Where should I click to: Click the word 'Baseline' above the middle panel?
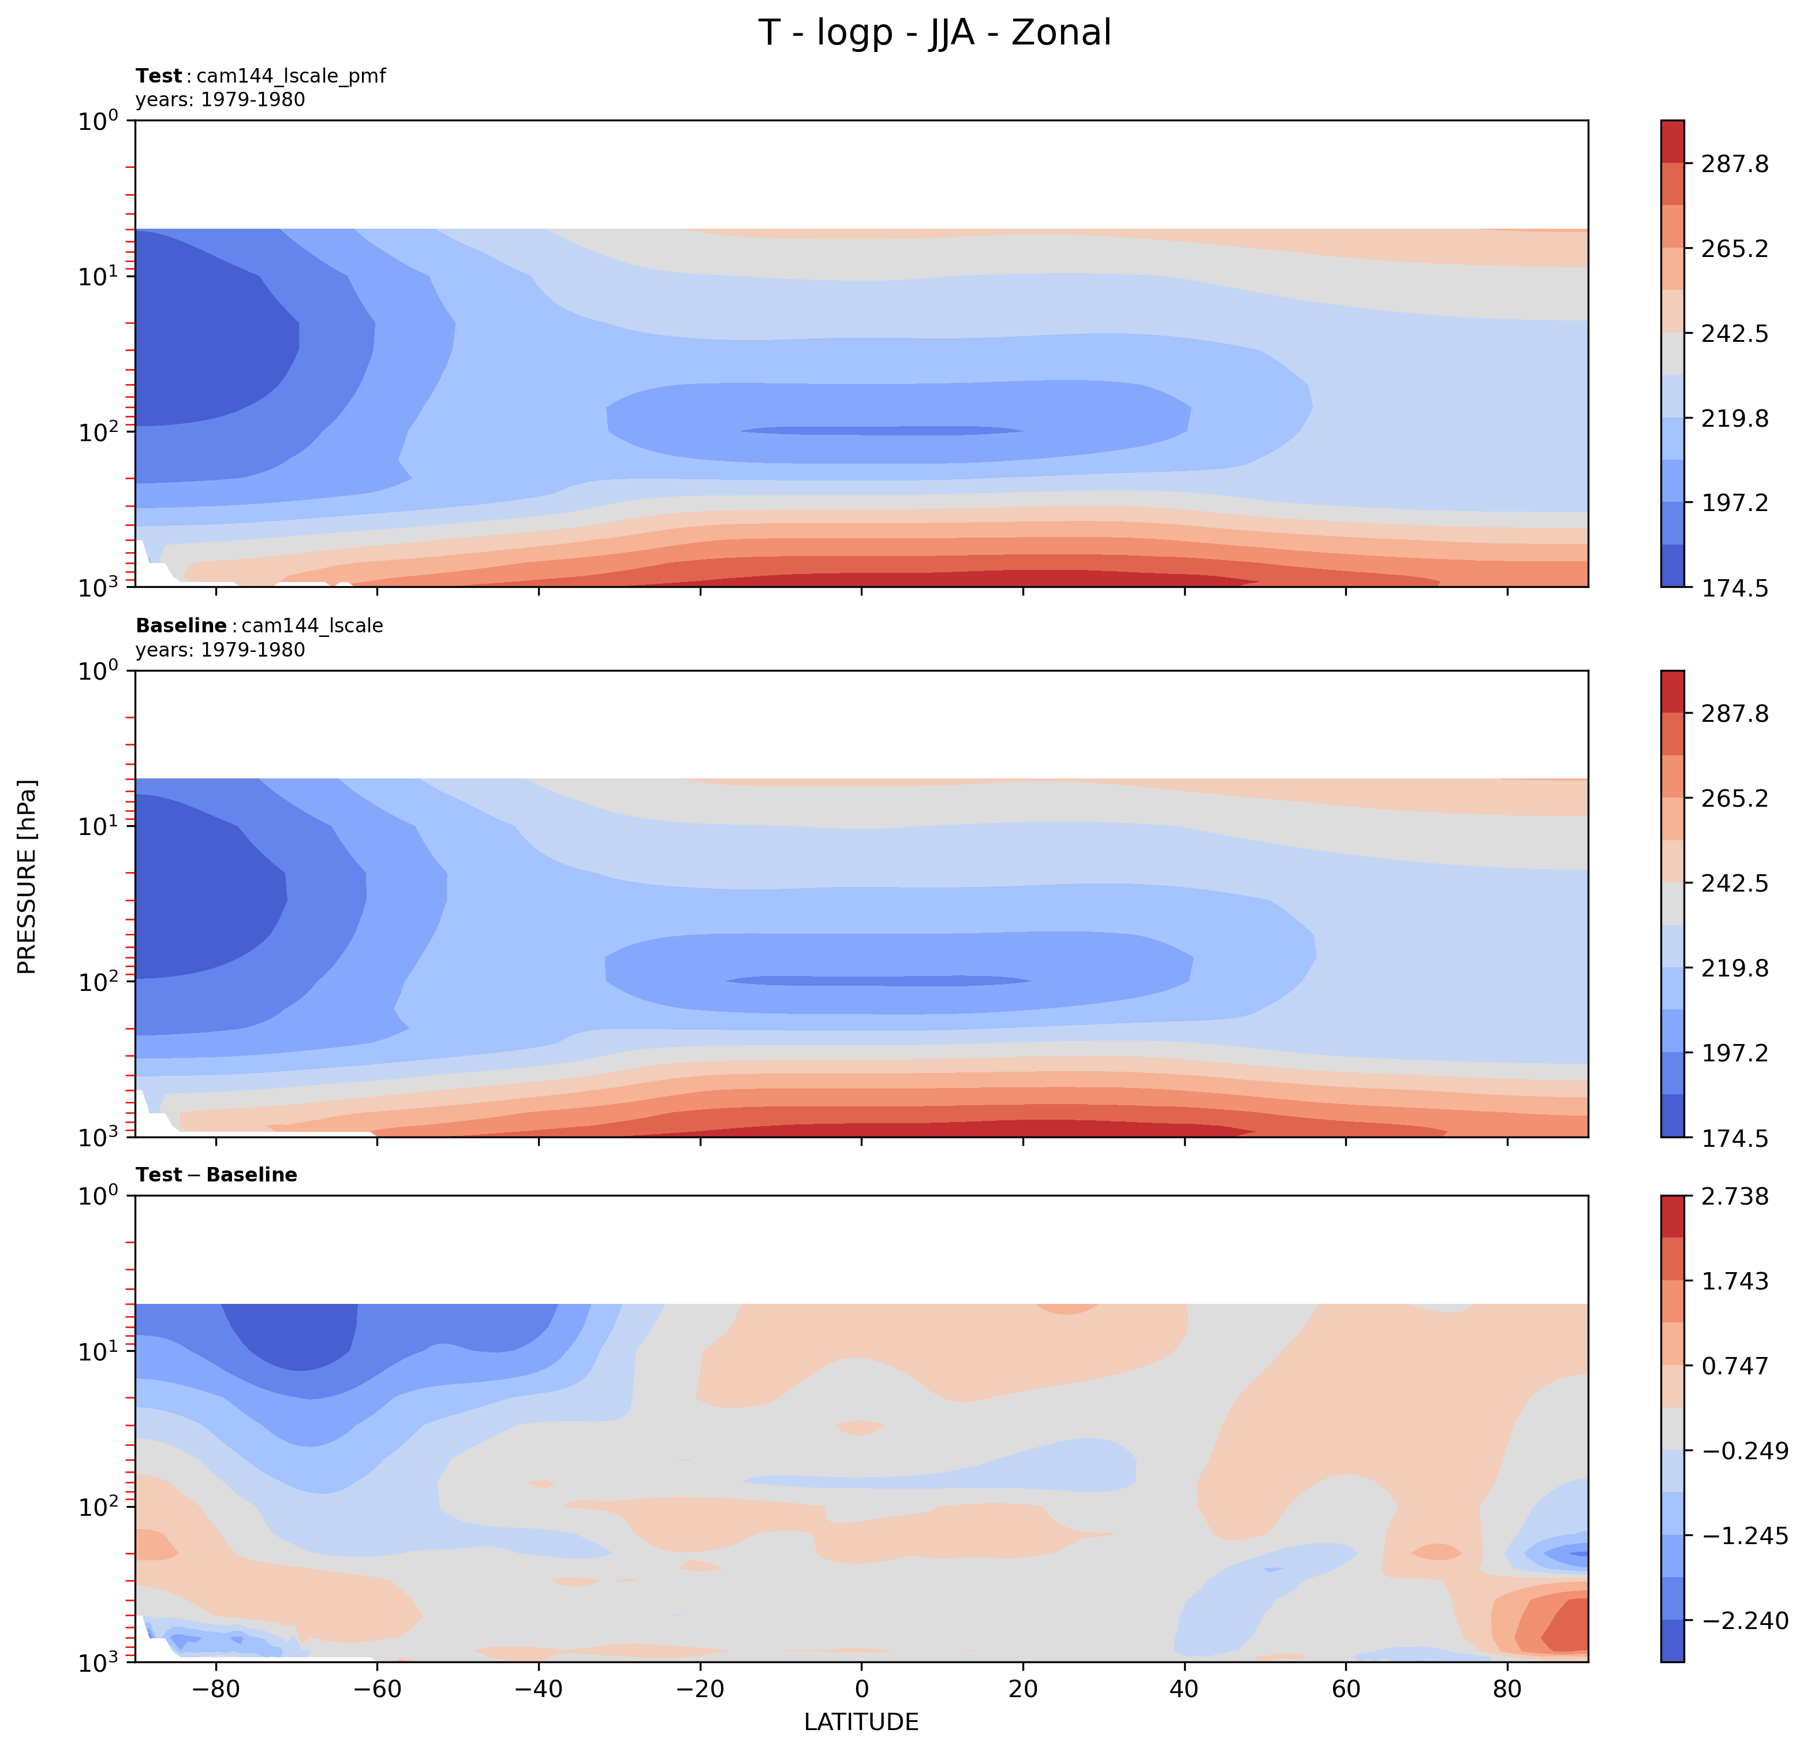coord(181,626)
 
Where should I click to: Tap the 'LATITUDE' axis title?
coord(861,1721)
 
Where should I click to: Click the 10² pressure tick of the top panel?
coord(103,431)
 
